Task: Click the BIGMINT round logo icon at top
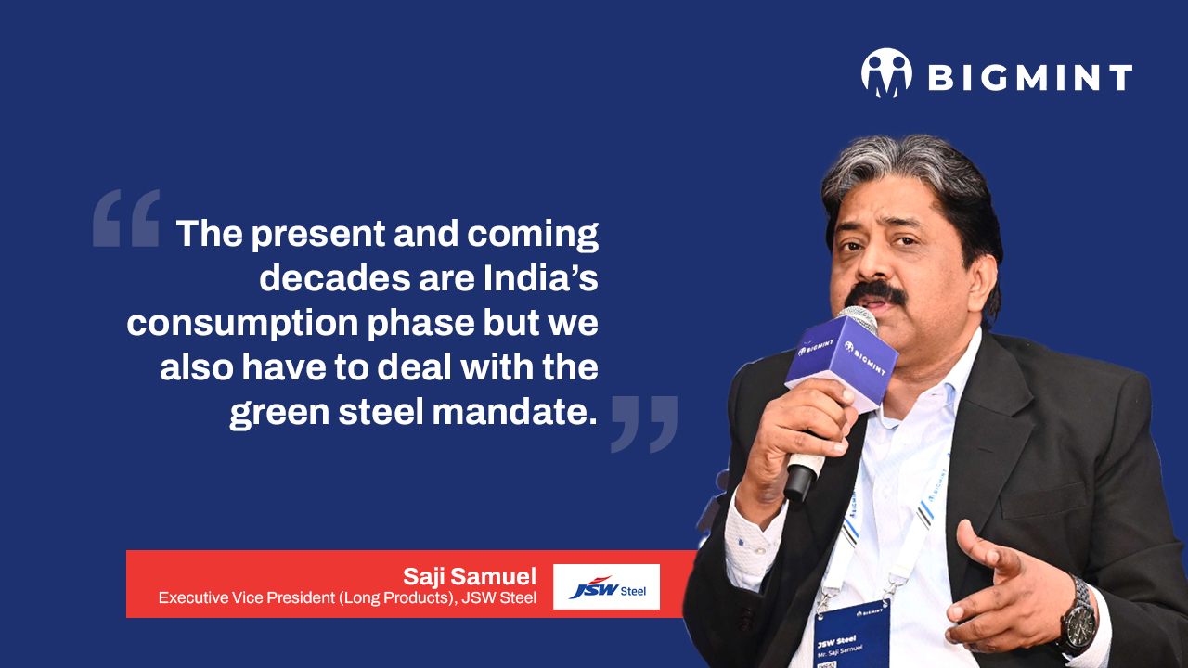[886, 73]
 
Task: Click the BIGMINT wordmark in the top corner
[1030, 77]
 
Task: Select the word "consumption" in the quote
[242, 324]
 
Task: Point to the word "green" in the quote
[279, 414]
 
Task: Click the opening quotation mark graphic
[126, 218]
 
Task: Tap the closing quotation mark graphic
[644, 424]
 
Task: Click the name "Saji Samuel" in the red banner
[470, 576]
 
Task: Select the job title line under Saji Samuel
[347, 598]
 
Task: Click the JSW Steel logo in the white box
[606, 587]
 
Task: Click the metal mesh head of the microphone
[859, 317]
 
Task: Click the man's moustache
[874, 294]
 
